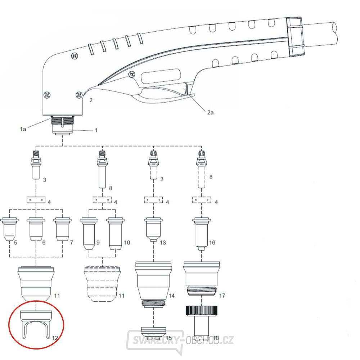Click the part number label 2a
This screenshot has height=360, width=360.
(210, 113)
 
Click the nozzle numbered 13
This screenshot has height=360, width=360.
(154, 229)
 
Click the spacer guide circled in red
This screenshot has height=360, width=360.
(36, 322)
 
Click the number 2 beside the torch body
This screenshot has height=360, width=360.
(91, 100)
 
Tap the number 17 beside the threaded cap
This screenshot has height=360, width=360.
(222, 296)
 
